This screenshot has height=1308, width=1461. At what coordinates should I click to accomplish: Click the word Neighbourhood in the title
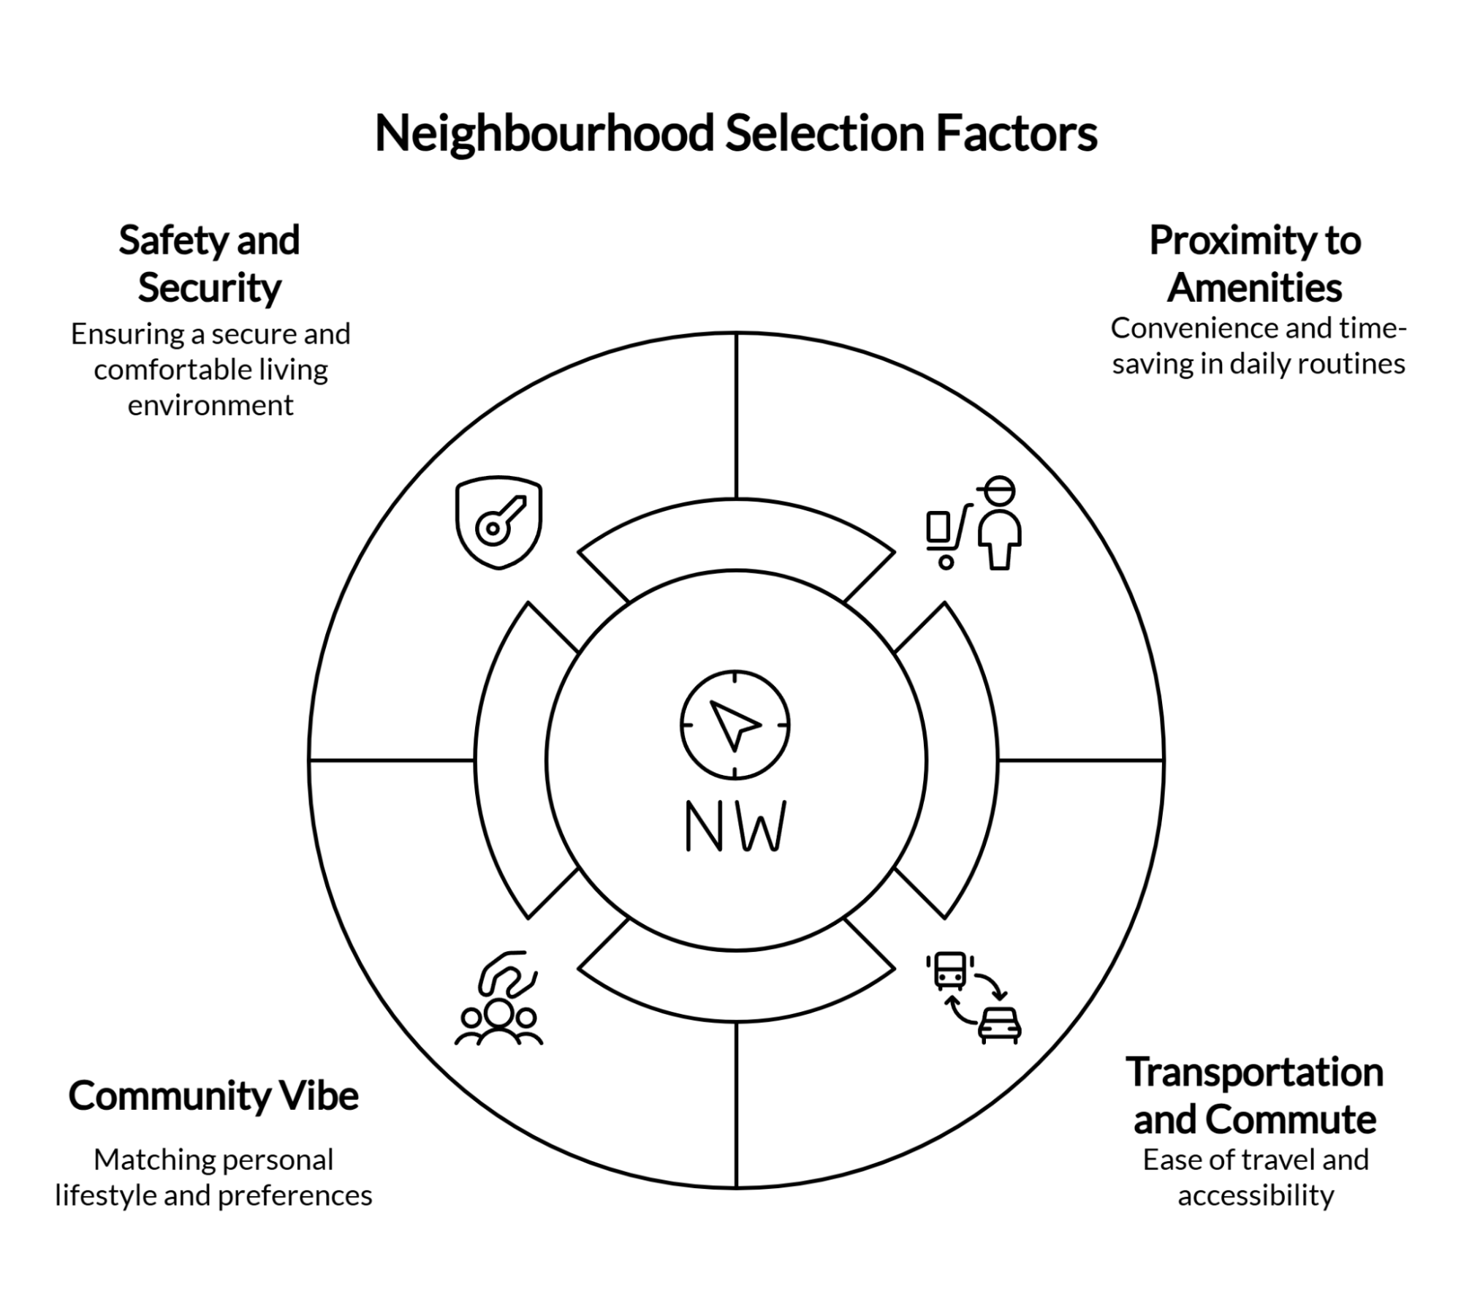pos(544,134)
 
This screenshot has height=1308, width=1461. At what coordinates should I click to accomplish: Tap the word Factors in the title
pos(1016,134)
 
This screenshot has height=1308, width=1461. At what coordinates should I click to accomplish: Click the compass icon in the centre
pos(735,724)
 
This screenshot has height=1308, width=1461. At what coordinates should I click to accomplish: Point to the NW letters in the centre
pos(735,826)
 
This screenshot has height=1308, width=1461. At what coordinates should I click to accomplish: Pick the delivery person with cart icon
pos(974,523)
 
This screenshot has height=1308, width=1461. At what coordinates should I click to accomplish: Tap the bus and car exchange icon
pos(974,997)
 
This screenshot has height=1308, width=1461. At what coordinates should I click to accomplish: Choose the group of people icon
pos(498,999)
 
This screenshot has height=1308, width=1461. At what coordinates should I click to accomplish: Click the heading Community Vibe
pos(213,1096)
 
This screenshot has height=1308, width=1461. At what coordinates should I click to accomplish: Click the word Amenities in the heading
pos(1254,287)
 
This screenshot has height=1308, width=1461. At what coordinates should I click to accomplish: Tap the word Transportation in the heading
pos(1254,1073)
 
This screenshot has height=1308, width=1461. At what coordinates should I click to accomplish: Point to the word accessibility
pos(1256,1195)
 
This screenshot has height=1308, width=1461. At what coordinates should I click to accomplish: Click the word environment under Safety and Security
pos(210,406)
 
